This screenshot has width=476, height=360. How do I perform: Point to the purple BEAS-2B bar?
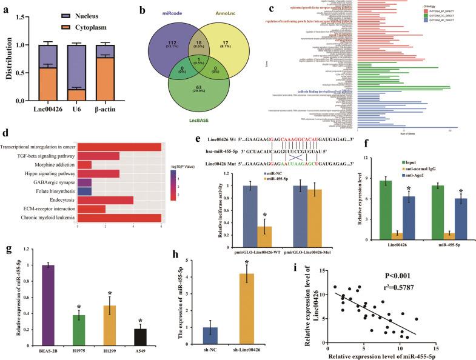[x=57, y=307]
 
